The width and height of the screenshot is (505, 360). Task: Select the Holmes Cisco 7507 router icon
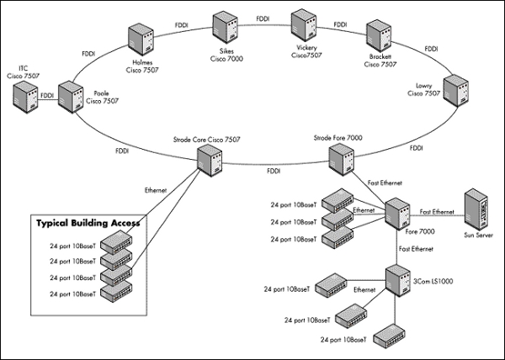(141, 38)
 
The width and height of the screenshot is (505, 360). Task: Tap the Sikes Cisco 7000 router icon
(225, 27)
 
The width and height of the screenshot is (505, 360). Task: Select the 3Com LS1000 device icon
(396, 278)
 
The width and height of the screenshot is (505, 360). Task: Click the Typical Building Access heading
(88, 223)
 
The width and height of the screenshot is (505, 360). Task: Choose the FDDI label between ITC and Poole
(47, 97)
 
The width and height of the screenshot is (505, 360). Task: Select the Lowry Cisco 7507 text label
(423, 89)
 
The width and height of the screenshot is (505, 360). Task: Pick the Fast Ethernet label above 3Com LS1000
(416, 250)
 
